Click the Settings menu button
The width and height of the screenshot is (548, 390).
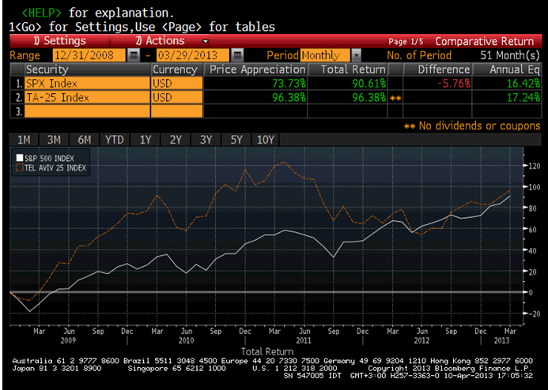click(x=60, y=41)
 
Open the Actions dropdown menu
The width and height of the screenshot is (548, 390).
click(x=160, y=41)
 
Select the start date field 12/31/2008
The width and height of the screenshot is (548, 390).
click(x=89, y=55)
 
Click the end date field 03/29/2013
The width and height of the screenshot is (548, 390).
click(x=193, y=55)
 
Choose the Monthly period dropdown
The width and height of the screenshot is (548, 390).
click(x=325, y=55)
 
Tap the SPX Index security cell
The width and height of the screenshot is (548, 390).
click(x=87, y=84)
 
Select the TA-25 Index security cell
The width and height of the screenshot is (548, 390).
click(x=87, y=97)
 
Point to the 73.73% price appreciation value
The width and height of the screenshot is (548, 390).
click(x=289, y=84)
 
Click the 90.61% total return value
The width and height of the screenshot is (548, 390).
click(x=369, y=84)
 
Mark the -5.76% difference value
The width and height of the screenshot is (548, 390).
click(x=454, y=84)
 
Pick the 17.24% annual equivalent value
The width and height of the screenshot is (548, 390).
click(x=523, y=97)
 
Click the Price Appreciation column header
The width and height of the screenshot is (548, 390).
click(x=257, y=69)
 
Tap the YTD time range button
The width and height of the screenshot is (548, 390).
click(x=115, y=140)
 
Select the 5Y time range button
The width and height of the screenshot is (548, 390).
click(x=236, y=140)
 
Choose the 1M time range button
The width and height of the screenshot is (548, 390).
click(x=24, y=140)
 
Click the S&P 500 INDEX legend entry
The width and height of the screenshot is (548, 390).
click(x=45, y=159)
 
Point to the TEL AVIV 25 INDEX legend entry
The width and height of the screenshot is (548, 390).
click(x=51, y=168)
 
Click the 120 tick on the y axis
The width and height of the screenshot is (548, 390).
click(x=534, y=166)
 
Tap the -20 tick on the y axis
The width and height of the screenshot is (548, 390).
click(x=533, y=313)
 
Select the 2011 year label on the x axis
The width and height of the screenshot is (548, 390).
click(x=304, y=340)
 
